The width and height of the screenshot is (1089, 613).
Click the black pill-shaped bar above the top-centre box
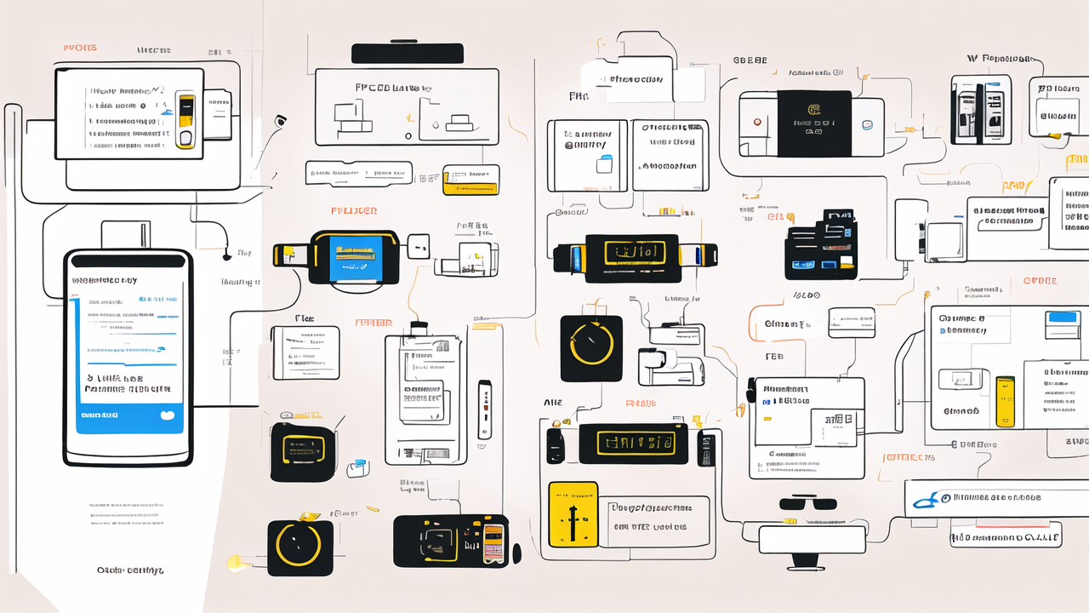tap(408, 53)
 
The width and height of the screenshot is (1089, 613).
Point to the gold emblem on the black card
tap(813, 110)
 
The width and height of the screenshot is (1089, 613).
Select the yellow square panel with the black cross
tap(573, 515)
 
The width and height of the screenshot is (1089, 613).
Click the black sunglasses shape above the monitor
tap(808, 502)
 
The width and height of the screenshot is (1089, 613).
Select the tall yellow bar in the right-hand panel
tap(1005, 401)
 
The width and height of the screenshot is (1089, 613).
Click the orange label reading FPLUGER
tap(353, 210)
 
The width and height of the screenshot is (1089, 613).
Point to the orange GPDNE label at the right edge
tap(1040, 281)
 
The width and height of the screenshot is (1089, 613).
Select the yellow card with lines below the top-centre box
tap(470, 180)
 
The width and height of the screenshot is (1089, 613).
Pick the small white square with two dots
tap(419, 247)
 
